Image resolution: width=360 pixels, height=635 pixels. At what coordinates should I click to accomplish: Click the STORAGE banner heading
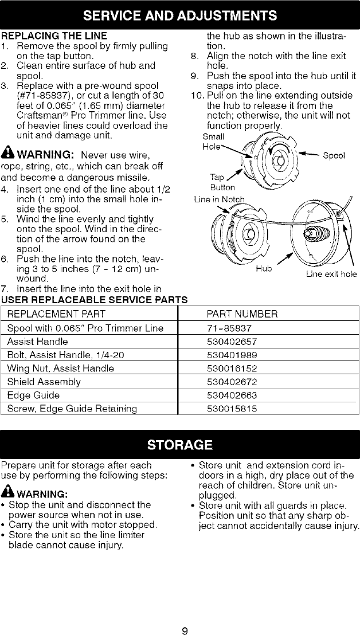click(180, 445)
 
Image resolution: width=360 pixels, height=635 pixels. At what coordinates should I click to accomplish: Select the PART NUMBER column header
click(242, 314)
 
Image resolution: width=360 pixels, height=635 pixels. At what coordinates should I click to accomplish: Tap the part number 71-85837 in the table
click(228, 328)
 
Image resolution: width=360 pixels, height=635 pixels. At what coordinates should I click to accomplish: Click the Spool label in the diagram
click(334, 155)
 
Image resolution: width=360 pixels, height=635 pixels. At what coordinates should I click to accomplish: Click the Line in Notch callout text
click(220, 199)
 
